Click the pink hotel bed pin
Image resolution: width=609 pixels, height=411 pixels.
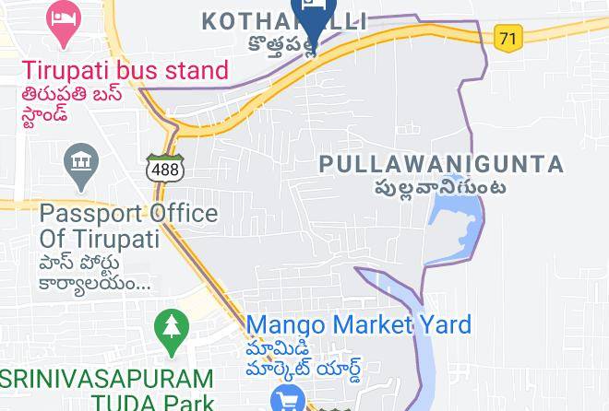pos(63,23)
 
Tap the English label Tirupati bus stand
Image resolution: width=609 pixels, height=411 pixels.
pos(125,71)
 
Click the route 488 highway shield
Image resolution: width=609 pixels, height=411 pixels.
pos(165,170)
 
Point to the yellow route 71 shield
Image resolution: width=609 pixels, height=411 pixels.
pos(507,38)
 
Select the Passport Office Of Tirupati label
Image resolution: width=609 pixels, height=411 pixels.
pos(128,226)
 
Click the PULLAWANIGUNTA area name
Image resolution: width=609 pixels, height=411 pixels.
pos(441,165)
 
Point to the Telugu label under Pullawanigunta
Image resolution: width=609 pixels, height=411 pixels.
pos(439,189)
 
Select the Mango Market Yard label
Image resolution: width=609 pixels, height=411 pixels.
pos(358,325)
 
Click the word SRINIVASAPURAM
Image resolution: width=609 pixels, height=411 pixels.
pos(106,380)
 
